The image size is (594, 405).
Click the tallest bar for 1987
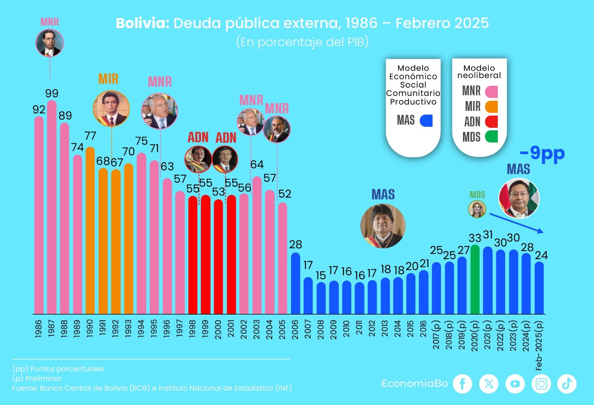coord(52,206)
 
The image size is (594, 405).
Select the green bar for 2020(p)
coord(475,279)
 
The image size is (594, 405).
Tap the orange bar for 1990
coord(90,230)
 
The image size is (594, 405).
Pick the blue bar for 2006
coord(296,283)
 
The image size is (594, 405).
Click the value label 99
coord(52,93)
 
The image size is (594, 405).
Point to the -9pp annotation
coord(542,153)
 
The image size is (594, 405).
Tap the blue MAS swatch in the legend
coord(426,121)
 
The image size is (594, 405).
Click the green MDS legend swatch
coord(491,137)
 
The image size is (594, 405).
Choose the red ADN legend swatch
coord(491,122)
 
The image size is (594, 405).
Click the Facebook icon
coord(463,384)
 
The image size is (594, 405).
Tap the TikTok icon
coord(567,384)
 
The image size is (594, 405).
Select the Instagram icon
coord(541,384)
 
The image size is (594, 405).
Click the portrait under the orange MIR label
coord(111,108)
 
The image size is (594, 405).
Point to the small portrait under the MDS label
coord(477,209)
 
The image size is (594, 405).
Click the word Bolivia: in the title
coord(143,23)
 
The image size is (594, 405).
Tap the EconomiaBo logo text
coord(415,384)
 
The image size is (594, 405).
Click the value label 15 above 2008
coord(321,275)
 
